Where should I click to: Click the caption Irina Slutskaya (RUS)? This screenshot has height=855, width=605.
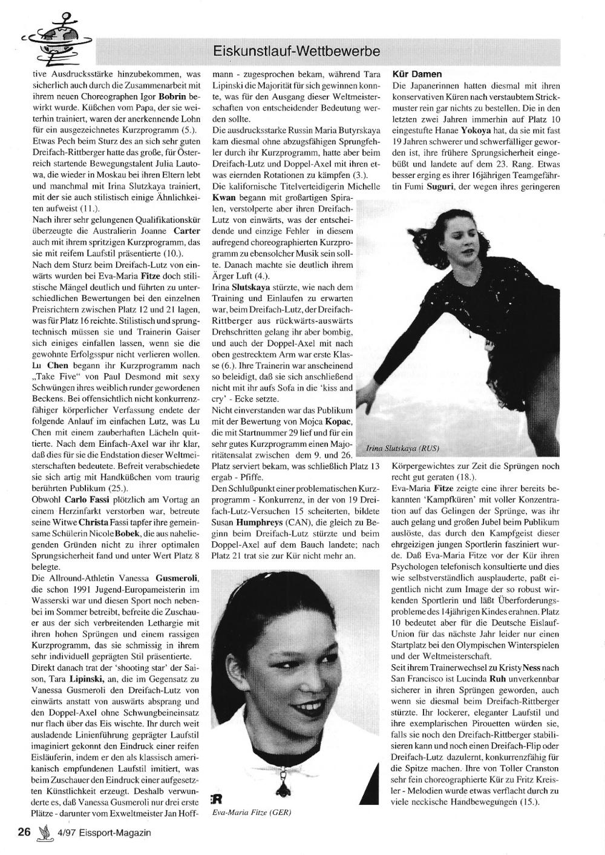pos(402,449)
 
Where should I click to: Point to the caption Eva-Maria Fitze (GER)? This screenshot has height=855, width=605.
pos(250,813)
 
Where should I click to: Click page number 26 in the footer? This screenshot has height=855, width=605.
pos(24,832)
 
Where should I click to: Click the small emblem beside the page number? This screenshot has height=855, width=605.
pos(44,832)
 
